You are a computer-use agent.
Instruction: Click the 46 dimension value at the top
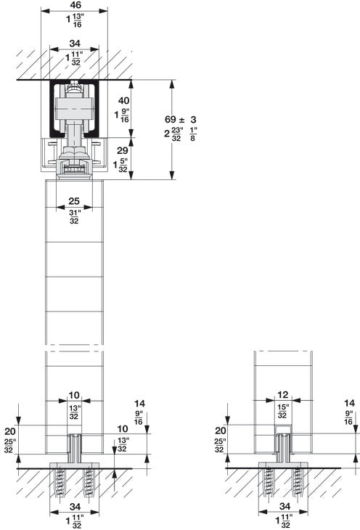[75, 4]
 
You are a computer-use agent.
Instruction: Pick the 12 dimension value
[283, 395]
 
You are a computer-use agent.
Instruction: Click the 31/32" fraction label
[75, 216]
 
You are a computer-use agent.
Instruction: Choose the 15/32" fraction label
[283, 411]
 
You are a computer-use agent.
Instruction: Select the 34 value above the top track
[75, 44]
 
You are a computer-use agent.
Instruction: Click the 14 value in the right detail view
[349, 402]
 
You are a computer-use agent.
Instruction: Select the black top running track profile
[53, 109]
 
